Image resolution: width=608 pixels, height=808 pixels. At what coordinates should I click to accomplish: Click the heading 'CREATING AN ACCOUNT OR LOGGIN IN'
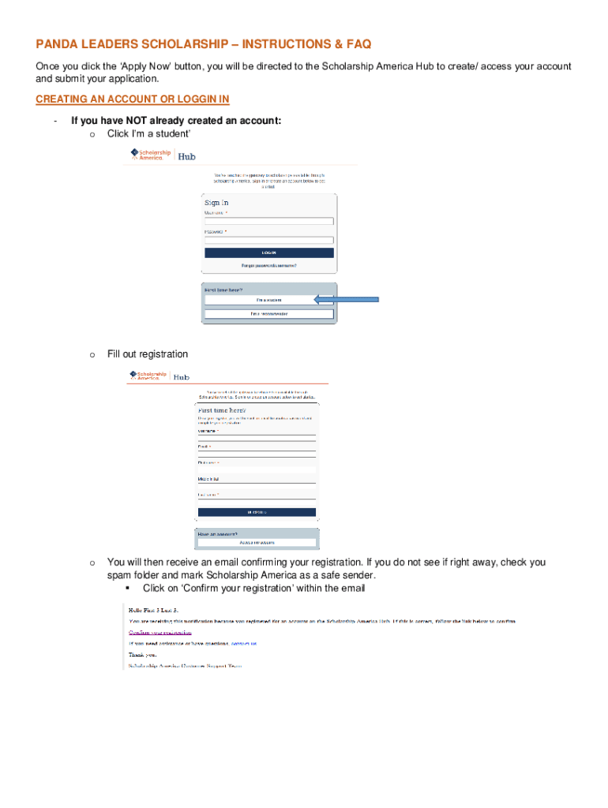point(133,99)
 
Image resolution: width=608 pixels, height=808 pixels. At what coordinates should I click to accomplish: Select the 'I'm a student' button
point(268,300)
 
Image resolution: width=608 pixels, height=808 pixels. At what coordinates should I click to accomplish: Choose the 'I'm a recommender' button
point(268,314)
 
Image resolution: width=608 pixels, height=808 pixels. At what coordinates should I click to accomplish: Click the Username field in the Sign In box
point(268,222)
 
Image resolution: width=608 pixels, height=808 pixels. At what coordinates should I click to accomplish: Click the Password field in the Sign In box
point(268,240)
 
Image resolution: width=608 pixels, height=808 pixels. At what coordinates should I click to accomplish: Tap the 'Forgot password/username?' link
point(268,265)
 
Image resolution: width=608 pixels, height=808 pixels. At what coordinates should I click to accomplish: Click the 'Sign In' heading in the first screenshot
point(217,203)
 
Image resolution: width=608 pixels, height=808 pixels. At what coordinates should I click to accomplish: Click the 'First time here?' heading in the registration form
point(222,411)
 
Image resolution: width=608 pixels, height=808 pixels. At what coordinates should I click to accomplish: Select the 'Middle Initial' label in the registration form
point(211,479)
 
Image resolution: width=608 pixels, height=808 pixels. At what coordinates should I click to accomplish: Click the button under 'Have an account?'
point(257,542)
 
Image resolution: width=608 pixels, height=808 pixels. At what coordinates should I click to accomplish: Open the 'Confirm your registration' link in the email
point(160,632)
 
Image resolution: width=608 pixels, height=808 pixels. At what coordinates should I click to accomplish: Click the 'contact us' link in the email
point(243,643)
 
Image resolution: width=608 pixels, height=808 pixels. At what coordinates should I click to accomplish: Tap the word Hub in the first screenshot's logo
point(186,156)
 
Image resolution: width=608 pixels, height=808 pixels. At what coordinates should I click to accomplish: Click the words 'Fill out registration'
point(148,354)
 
